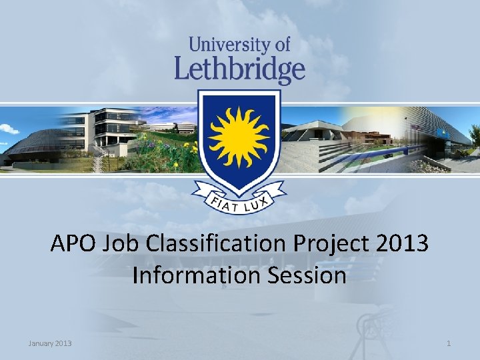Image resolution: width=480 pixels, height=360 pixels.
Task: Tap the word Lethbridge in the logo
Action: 240,69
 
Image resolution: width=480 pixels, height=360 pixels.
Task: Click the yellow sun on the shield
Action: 239,136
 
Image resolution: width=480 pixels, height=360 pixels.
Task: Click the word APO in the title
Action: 73,243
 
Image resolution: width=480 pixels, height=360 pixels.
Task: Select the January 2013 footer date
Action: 50,343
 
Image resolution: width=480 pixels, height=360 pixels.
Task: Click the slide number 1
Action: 449,343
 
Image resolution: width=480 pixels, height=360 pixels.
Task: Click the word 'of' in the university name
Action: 282,45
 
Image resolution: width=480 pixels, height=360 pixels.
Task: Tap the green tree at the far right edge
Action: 474,136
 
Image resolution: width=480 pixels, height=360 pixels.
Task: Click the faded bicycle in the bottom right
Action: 377,327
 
